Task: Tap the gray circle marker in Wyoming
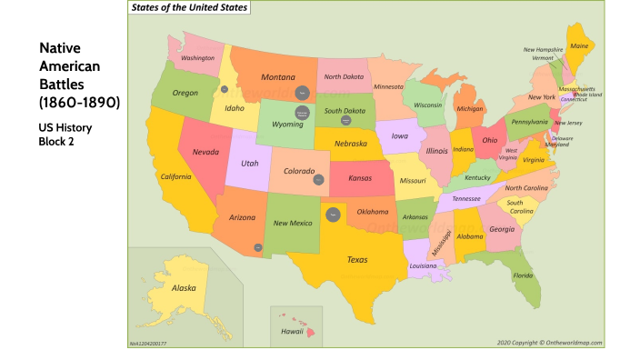coord(304,114)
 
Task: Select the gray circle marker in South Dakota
coord(346,120)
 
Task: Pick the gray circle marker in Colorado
coord(319,180)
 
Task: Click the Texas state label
coord(357,260)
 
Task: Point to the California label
coord(175,176)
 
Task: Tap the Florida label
coord(523,275)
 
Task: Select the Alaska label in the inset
coord(184,289)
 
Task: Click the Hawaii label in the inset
coord(292,332)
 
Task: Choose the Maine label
coord(578,45)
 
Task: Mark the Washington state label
coord(197,58)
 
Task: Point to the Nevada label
coord(206,152)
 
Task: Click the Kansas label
coord(359,179)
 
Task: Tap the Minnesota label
coord(388,86)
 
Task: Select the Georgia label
coord(501,229)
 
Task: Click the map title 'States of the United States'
coord(188,7)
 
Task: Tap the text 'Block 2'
coord(55,142)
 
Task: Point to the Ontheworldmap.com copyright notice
coord(549,343)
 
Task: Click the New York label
coord(542,97)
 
